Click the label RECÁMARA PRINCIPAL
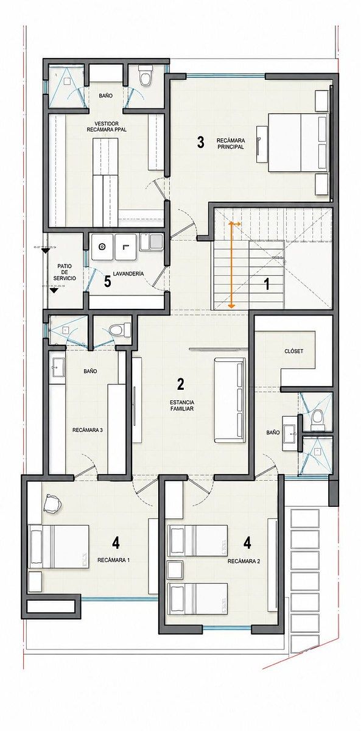coord(230,144)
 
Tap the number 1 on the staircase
coord(267,284)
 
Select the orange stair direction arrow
coord(231,264)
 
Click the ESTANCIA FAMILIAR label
coord(182,405)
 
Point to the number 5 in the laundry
coord(107,281)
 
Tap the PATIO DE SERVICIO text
coord(65,272)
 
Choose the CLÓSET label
coord(294,351)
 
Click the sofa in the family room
coord(230,400)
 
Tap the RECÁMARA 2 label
coord(244,561)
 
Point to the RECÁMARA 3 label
coord(88,430)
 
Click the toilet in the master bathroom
coord(145,76)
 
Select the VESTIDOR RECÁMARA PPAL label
coord(107,127)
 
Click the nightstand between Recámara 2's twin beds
coord(175,570)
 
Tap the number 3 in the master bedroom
coord(200,142)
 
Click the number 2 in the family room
coord(181,384)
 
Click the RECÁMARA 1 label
coord(114,560)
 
